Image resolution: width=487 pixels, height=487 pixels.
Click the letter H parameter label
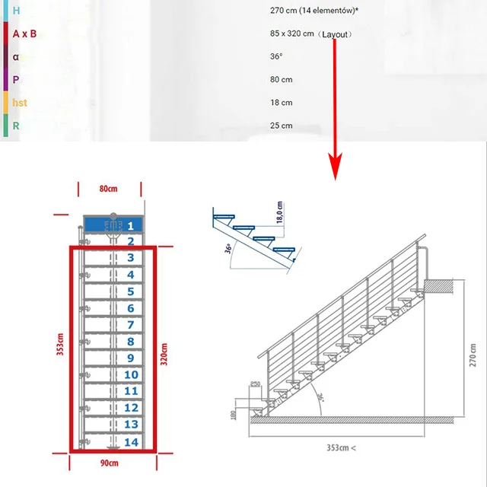16,11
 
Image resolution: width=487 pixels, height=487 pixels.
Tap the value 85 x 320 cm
292,34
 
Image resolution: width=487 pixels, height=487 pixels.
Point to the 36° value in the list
276,57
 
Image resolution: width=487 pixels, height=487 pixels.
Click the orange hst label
20,103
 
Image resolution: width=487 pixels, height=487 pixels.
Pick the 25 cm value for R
281,126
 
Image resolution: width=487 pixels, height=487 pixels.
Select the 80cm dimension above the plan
109,188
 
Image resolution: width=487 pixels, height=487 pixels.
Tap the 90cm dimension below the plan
109,462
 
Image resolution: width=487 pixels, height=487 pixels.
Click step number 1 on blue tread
131,225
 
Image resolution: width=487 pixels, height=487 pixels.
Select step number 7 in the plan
131,325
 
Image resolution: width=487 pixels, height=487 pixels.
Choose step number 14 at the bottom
131,442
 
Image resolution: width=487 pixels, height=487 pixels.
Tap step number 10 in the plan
131,374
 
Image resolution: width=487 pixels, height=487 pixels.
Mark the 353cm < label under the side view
340,447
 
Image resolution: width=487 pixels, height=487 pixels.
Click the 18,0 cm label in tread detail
279,211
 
